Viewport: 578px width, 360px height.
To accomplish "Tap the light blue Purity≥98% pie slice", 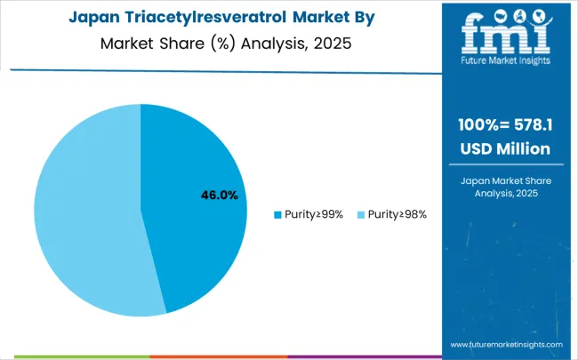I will coord(84,213).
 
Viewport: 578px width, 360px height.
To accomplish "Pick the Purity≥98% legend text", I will coord(393,214).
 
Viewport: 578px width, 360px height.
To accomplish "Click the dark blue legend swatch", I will coord(277,214).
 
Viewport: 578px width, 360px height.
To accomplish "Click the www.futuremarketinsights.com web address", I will coord(506,344).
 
